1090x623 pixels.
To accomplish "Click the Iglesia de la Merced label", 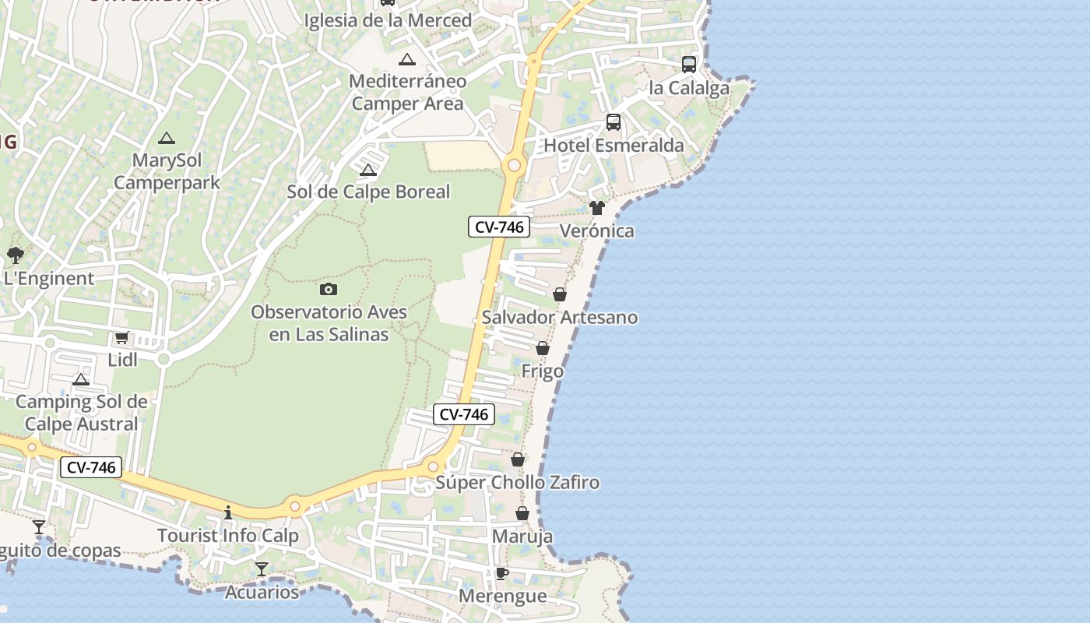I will (x=388, y=20).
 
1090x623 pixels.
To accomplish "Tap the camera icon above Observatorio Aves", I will (x=329, y=290).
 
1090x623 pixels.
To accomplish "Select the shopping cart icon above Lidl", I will (x=121, y=338).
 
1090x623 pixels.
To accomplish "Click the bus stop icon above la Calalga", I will (x=689, y=65).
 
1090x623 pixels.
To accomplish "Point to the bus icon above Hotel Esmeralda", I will (x=614, y=122).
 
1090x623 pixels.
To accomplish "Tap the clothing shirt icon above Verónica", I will (x=597, y=208).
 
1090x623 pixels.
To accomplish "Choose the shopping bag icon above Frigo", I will (x=543, y=348).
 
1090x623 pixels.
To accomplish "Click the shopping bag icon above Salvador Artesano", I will (x=560, y=294).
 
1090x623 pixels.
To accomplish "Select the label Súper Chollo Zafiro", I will (x=518, y=483).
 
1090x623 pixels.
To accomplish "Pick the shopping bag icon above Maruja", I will (x=522, y=513).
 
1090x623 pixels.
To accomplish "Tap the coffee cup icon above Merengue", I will (x=502, y=574).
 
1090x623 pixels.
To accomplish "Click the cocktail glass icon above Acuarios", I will (x=262, y=569).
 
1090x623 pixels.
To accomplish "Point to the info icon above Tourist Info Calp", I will (x=228, y=512).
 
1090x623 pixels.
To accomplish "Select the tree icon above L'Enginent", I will (x=15, y=255).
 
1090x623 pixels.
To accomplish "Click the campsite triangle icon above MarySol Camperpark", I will (x=166, y=139).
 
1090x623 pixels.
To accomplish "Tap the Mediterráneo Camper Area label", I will (x=407, y=92).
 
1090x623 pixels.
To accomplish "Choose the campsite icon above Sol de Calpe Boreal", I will (x=368, y=170).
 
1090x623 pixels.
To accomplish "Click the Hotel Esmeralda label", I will (x=614, y=146).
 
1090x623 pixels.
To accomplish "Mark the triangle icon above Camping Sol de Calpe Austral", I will (x=81, y=379).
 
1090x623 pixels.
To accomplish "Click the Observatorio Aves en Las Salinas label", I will (x=329, y=323).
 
